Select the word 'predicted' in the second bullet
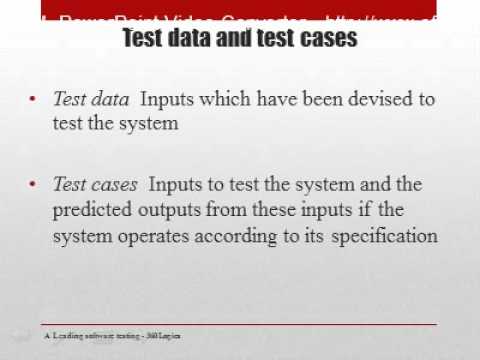coord(91,211)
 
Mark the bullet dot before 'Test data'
coord(34,100)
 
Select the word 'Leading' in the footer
coord(69,335)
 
